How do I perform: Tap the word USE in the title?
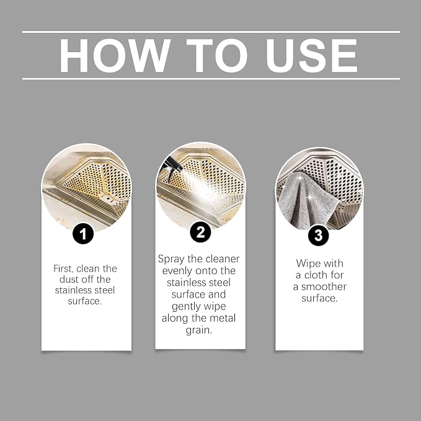311,56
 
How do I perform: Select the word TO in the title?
217,56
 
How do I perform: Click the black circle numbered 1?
83,233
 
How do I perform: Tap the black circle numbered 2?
200,232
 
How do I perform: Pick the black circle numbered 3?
319,235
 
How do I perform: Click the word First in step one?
63,268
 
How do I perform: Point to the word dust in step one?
69,279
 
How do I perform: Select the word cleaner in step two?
223,259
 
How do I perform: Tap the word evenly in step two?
177,271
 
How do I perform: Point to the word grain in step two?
199,330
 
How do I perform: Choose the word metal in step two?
223,318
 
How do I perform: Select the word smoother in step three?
324,286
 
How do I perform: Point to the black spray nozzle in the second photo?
171,166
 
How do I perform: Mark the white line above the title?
211,32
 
